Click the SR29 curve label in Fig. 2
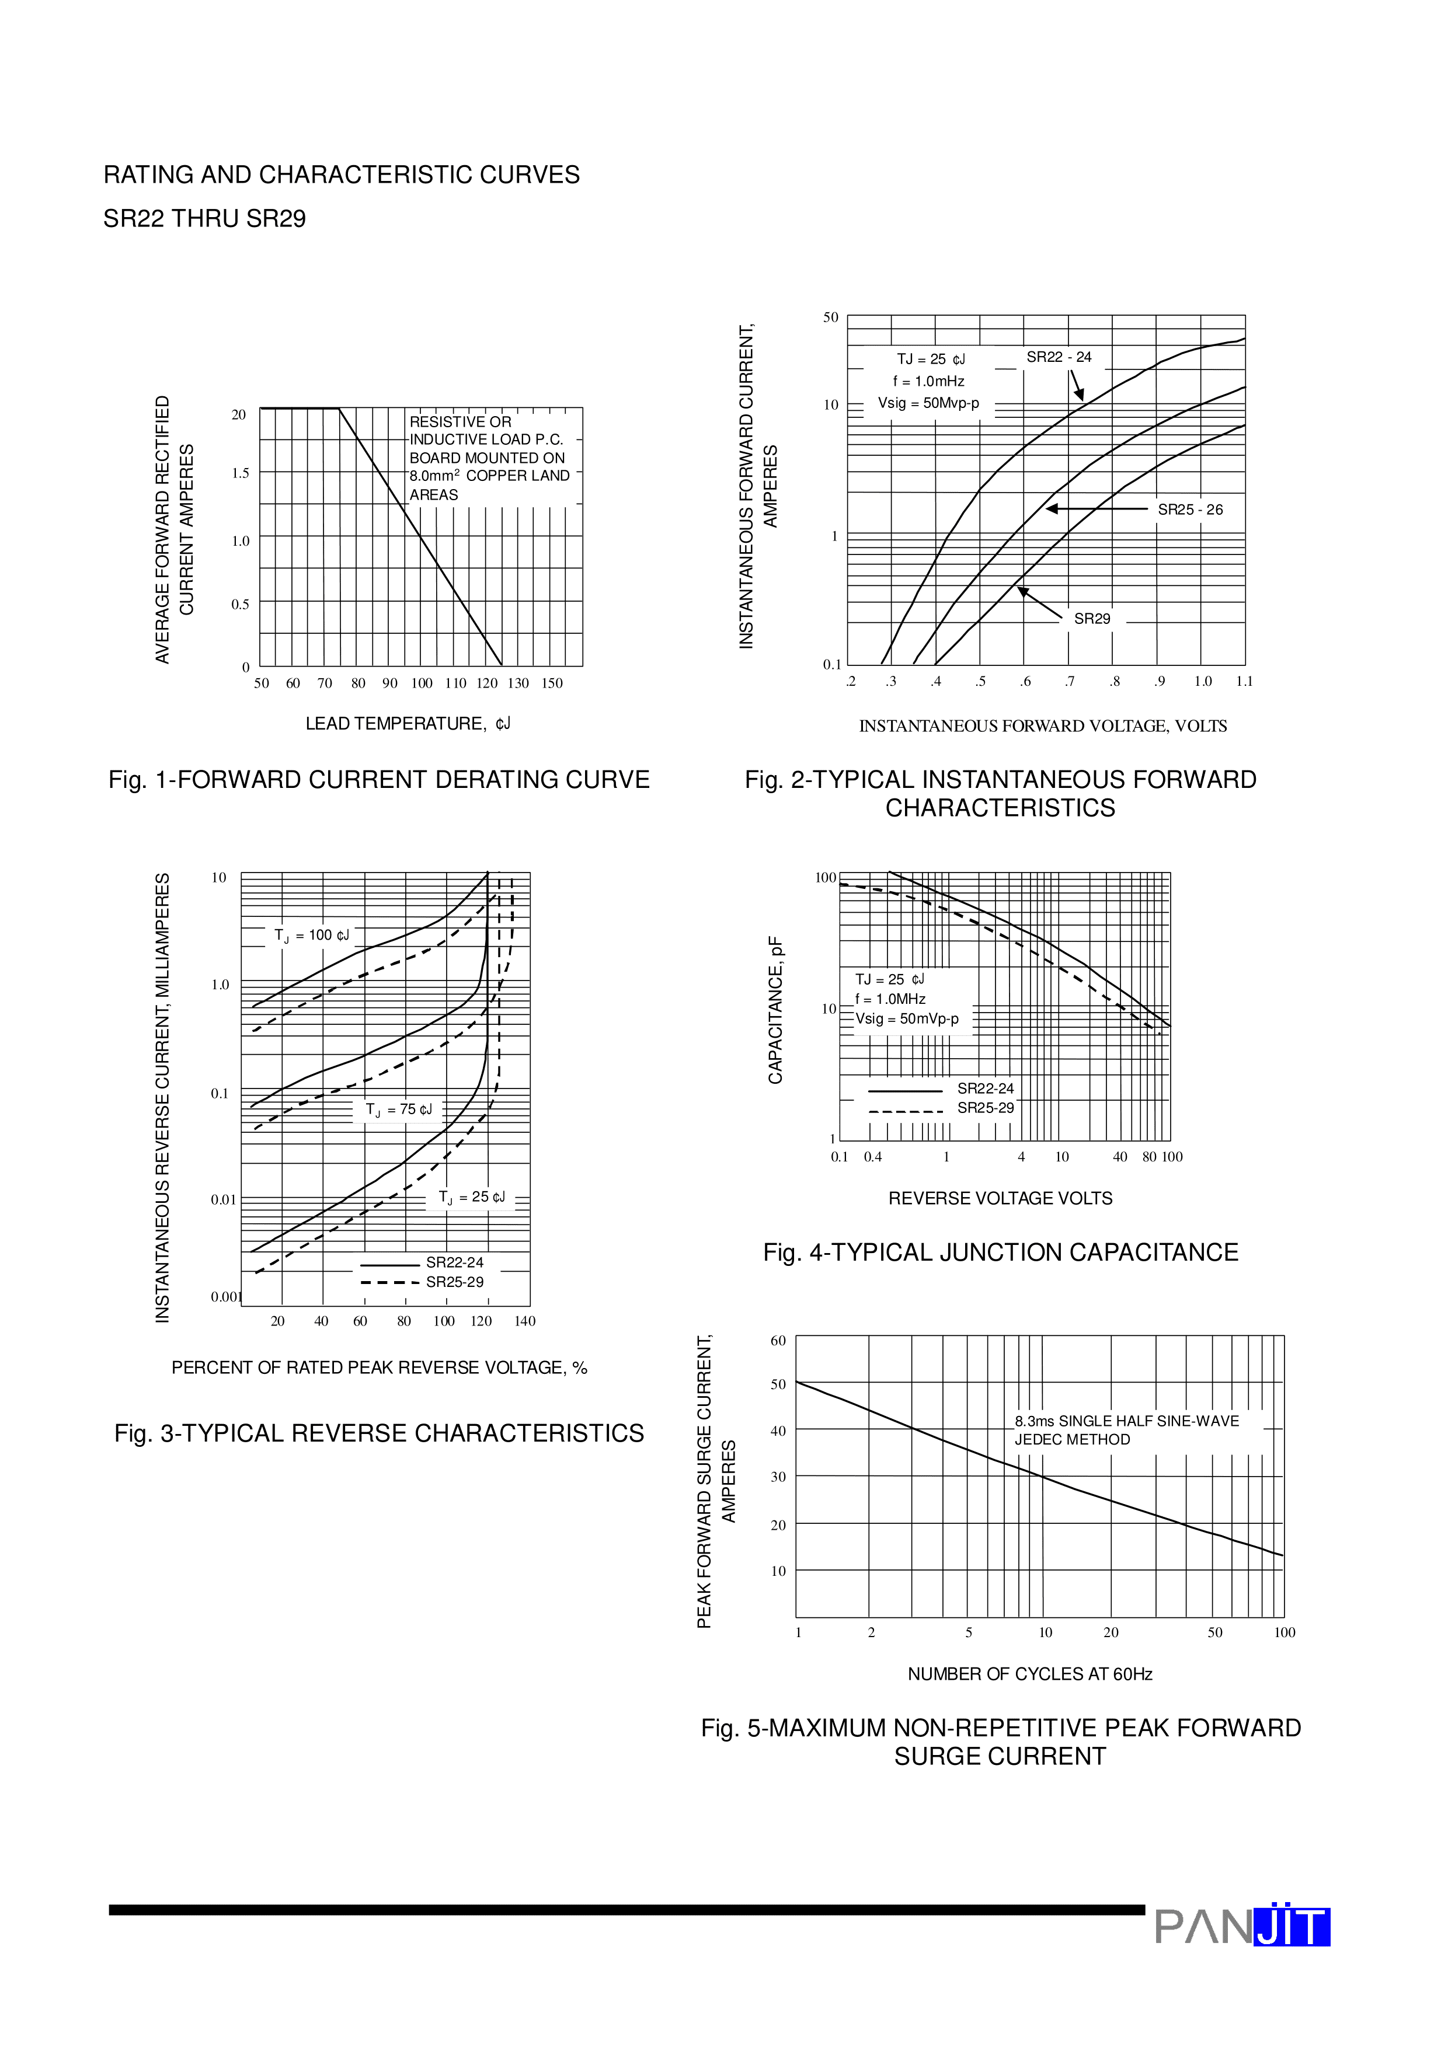pyautogui.click(x=1091, y=619)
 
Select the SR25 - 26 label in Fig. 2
pyautogui.click(x=1189, y=510)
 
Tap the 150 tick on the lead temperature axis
pyautogui.click(x=552, y=683)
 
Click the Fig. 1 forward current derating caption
pyautogui.click(x=379, y=780)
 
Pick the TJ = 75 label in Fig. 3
pyautogui.click(x=398, y=1110)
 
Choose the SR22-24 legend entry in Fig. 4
pyautogui.click(x=985, y=1088)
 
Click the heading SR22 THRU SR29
pyautogui.click(x=204, y=218)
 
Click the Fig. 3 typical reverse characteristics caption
pyautogui.click(x=379, y=1433)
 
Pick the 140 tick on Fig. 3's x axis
pyautogui.click(x=524, y=1321)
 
